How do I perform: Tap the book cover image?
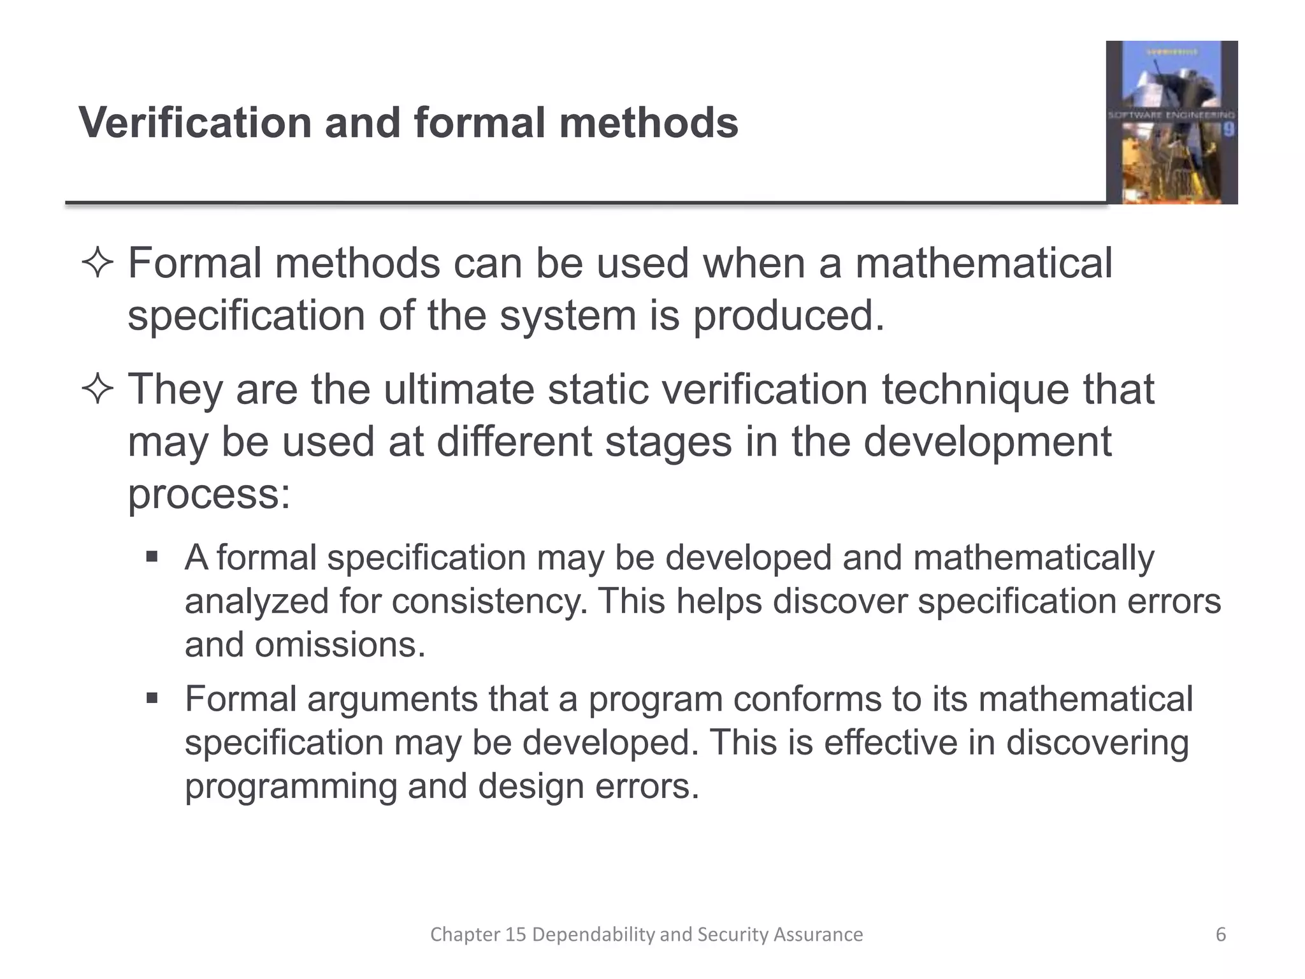1171,122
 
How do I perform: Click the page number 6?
1221,934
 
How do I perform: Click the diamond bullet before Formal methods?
97,265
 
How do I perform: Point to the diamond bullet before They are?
97,389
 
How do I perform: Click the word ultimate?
458,389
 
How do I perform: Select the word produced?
789,315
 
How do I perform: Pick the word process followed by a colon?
209,494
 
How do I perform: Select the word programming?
291,786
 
